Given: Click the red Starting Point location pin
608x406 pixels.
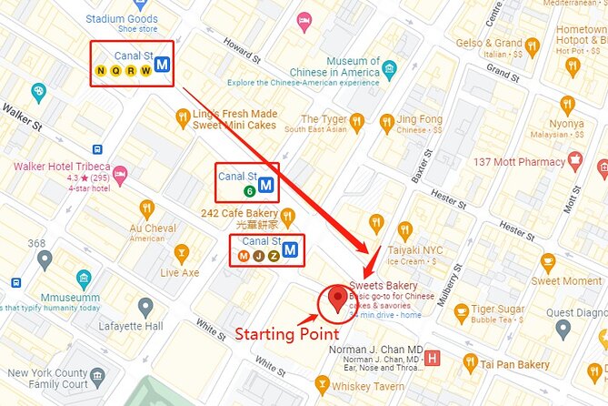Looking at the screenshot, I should click(x=338, y=298).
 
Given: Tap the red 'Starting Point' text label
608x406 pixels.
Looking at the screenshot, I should click(x=287, y=334).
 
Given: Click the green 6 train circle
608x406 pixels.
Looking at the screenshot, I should click(x=248, y=191).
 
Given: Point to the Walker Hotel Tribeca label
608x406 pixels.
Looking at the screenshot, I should click(x=62, y=167).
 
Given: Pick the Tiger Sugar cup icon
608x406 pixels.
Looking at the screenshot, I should click(x=462, y=313).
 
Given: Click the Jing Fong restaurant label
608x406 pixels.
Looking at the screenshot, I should click(x=420, y=119).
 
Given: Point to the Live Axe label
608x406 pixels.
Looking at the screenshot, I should click(x=180, y=272).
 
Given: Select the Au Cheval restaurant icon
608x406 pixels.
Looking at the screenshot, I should click(x=146, y=208).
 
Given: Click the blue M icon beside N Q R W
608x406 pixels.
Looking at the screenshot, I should click(x=163, y=64).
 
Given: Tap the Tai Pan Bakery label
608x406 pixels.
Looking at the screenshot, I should click(x=514, y=364).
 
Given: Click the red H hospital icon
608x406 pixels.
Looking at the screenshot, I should click(x=433, y=357).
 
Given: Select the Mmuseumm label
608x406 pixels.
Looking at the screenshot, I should click(x=71, y=297).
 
